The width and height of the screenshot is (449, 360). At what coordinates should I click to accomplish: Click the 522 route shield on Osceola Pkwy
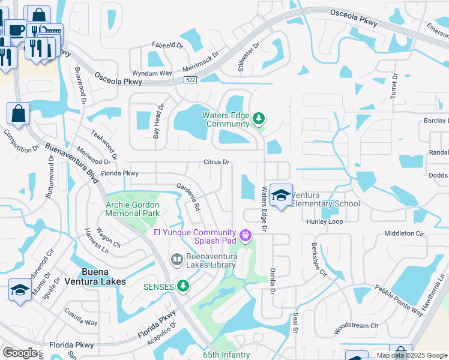pos(190,79)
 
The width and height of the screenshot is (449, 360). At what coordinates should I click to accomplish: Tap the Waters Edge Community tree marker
pos(259,119)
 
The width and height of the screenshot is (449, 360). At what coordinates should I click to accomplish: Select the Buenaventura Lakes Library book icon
pos(177,260)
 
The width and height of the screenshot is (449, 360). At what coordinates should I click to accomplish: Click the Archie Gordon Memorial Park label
pos(132,209)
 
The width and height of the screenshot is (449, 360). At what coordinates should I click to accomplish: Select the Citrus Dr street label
pos(217,162)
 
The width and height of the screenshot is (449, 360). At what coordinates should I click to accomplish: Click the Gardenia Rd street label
pos(188,196)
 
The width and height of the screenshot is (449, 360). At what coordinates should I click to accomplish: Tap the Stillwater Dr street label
pos(248,57)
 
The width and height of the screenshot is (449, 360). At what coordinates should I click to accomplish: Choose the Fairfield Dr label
pos(167,45)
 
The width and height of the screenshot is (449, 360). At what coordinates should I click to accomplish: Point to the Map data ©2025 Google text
pos(412,355)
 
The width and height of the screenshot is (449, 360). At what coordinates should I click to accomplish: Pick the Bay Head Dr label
pos(158,124)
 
